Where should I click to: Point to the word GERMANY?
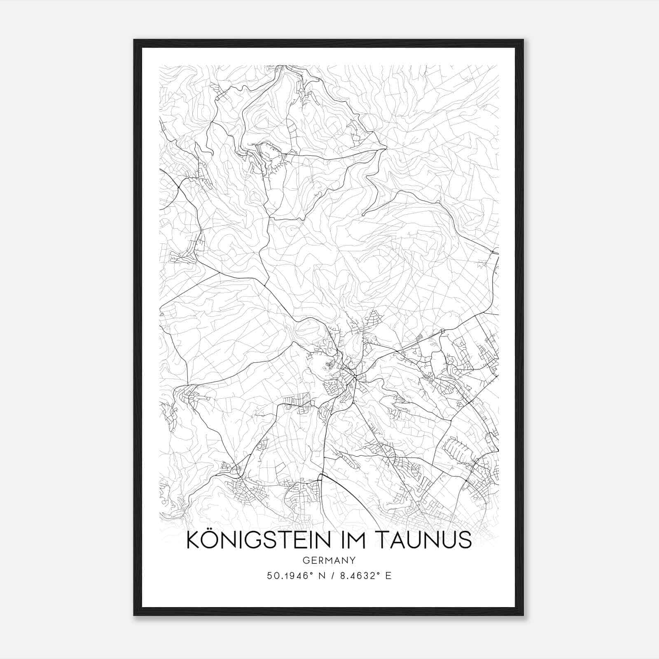[329, 560]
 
